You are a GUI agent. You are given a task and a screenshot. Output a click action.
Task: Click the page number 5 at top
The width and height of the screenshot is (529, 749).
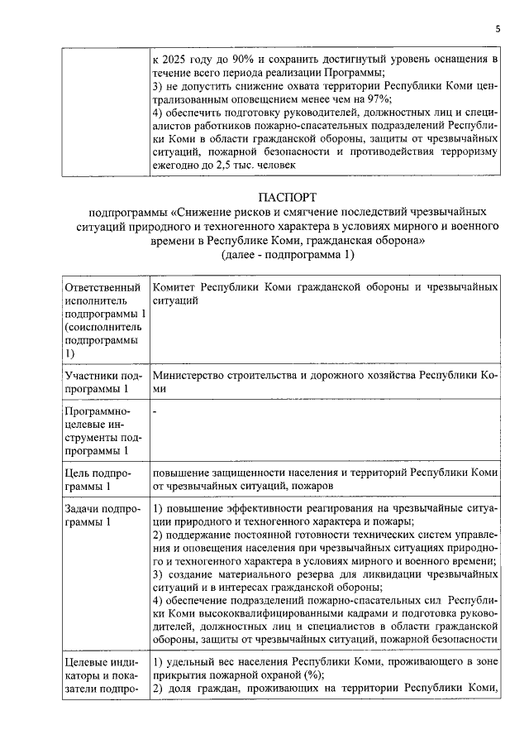click(498, 29)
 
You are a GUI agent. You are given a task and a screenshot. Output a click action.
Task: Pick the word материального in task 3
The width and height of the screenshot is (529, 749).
click(260, 574)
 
